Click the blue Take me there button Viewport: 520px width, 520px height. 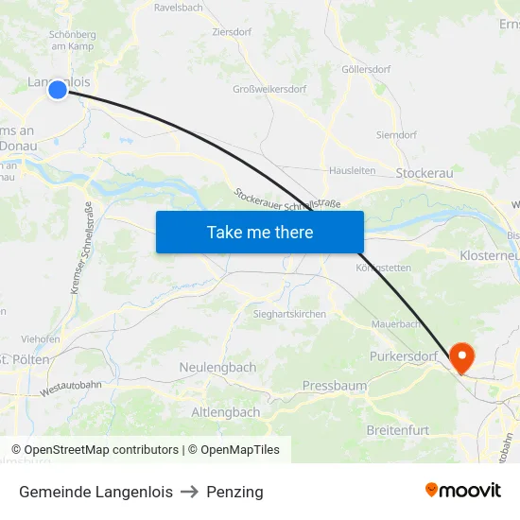click(x=259, y=232)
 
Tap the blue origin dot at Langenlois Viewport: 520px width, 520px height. click(x=58, y=90)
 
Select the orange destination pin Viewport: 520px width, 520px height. click(x=462, y=357)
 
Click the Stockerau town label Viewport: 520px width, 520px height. click(x=425, y=173)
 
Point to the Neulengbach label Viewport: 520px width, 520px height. click(x=217, y=367)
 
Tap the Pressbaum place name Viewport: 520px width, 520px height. click(x=334, y=386)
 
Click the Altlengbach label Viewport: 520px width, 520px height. click(x=226, y=412)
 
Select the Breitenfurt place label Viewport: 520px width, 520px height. click(x=397, y=430)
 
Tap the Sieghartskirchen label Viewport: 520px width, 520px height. click(x=289, y=314)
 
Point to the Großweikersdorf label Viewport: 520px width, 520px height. click(x=269, y=90)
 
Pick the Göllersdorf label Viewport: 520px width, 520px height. click(x=365, y=69)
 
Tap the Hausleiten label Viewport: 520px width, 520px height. click(x=353, y=170)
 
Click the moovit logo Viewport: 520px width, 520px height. click(x=463, y=491)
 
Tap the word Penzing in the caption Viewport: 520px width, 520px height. click(x=234, y=492)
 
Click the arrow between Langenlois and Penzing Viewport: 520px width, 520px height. click(x=189, y=492)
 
